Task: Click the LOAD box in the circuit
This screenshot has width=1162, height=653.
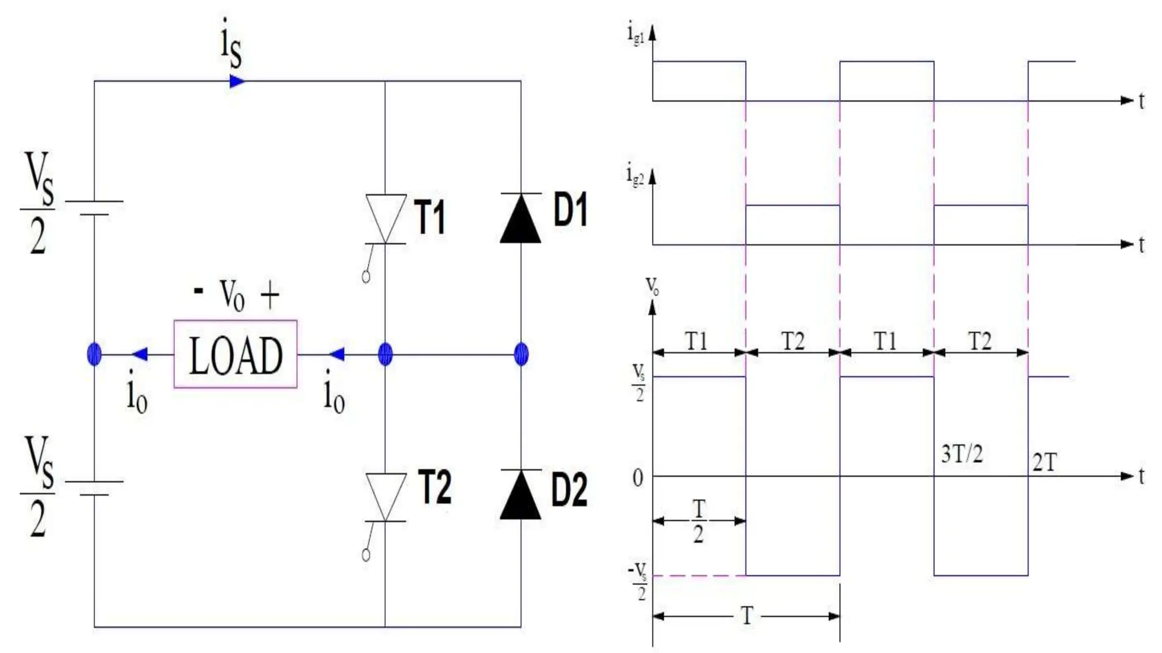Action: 235,354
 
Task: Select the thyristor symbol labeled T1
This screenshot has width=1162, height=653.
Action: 386,219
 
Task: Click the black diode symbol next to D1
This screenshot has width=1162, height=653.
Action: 520,219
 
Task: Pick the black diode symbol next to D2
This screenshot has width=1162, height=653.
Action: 520,495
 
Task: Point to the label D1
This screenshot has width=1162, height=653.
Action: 570,210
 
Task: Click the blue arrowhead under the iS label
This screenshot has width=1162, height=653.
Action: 237,82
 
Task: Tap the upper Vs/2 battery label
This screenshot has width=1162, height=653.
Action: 39,203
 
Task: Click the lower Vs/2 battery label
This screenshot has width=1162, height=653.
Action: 39,486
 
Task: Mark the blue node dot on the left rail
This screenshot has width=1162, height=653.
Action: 94,354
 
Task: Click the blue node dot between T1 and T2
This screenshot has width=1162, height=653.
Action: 385,354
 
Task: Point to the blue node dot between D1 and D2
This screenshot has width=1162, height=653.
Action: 521,354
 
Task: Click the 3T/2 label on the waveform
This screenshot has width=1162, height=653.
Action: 962,454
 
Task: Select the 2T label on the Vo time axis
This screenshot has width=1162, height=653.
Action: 1044,463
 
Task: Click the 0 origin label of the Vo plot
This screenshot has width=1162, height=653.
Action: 638,479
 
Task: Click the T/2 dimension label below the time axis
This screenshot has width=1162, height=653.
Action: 698,521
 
